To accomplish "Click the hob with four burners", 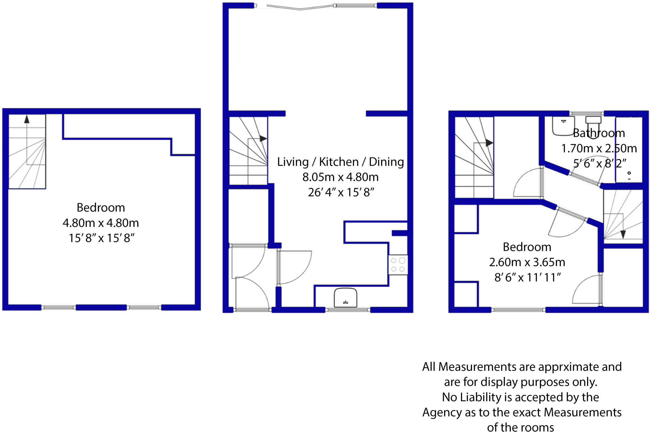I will [x=398, y=265].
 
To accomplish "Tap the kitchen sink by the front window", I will [x=345, y=298].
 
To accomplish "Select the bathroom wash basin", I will [x=563, y=126].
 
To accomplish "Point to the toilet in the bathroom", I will [x=593, y=126].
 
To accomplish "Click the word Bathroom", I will [x=599, y=133].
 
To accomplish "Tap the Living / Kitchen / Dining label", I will [x=340, y=162].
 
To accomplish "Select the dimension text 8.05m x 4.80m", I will [x=340, y=177].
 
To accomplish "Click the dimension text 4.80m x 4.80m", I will [x=101, y=223].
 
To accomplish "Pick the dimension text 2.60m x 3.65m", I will [x=527, y=262].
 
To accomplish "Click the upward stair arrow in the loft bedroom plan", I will [x=27, y=119].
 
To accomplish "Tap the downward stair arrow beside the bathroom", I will [x=623, y=234].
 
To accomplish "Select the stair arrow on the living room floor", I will [x=263, y=139].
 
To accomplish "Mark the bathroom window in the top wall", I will [x=586, y=114].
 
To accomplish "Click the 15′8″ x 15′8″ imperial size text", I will [x=102, y=238].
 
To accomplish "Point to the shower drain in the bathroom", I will [x=629, y=173].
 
